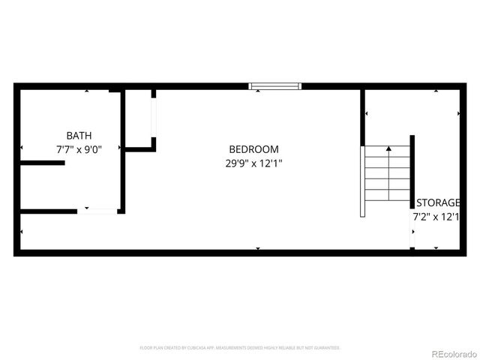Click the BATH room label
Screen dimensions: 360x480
(79, 136)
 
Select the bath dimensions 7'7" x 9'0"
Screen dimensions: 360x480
(79, 149)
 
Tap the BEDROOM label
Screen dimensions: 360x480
(253, 149)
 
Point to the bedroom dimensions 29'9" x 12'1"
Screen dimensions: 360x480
(253, 163)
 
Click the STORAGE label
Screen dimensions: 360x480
(438, 202)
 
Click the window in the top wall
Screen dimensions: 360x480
(275, 86)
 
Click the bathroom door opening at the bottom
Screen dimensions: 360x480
(98, 211)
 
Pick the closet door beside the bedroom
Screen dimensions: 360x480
(154, 118)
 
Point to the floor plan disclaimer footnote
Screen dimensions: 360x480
(240, 348)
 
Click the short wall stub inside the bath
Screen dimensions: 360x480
(42, 163)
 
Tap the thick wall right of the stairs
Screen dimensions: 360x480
(412, 172)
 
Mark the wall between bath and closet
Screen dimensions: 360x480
(122, 150)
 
